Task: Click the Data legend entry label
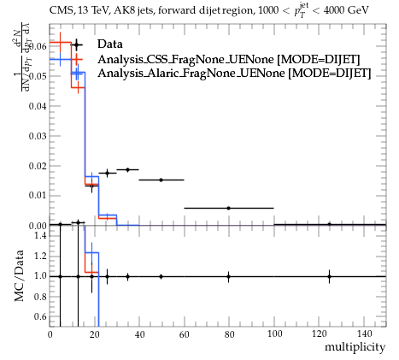pyautogui.click(x=110, y=44)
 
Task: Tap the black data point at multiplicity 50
pyautogui.click(x=161, y=180)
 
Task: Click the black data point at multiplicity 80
pyautogui.click(x=228, y=208)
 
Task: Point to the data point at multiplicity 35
pyautogui.click(x=127, y=169)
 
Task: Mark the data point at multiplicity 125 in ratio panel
pyautogui.click(x=329, y=276)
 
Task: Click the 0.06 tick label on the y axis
pyautogui.click(x=38, y=46)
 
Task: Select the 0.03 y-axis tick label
pyautogui.click(x=38, y=136)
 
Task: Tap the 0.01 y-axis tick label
pyautogui.click(x=38, y=196)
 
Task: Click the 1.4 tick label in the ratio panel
pyautogui.click(x=41, y=235)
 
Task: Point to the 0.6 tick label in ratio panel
pyautogui.click(x=41, y=316)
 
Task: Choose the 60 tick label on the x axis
pyautogui.click(x=185, y=334)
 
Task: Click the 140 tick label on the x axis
pyautogui.click(x=364, y=334)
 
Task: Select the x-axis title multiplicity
pyautogui.click(x=355, y=347)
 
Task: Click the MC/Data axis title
pyautogui.click(x=19, y=276)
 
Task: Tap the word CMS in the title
pyautogui.click(x=59, y=11)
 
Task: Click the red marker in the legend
pyautogui.click(x=76, y=59)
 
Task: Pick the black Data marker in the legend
pyautogui.click(x=76, y=44)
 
